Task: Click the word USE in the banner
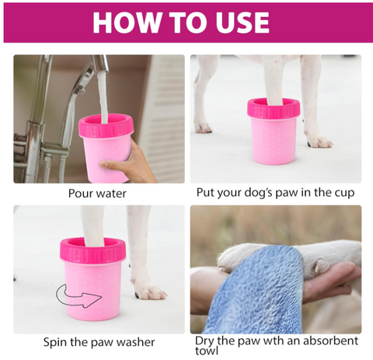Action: point(242,22)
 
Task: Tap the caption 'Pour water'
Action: point(97,194)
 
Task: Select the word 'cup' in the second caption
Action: point(343,193)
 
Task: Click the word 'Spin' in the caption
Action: point(55,342)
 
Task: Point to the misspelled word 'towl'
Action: point(207,351)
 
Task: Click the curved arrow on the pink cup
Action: point(78,296)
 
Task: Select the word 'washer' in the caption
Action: point(136,342)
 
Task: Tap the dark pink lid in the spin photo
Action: point(92,250)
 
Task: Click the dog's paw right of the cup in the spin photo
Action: point(150,290)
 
